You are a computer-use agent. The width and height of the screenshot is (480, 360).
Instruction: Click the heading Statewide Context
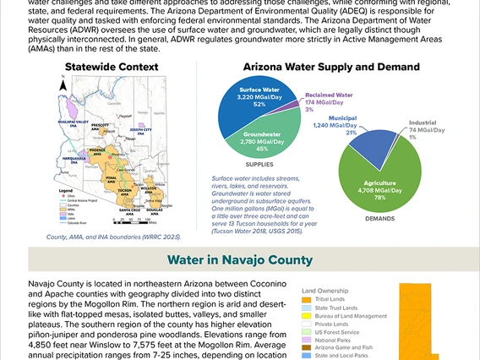point(111,67)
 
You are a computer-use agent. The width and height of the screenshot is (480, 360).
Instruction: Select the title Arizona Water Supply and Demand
point(331,67)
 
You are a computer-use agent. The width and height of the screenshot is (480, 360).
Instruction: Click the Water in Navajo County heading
point(240,259)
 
